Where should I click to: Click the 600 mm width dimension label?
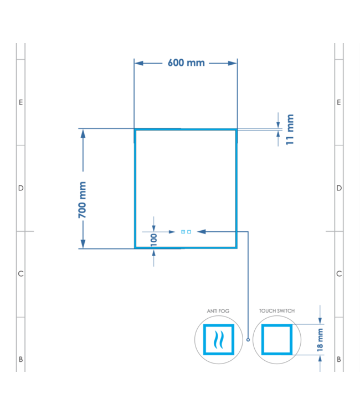tap(186, 63)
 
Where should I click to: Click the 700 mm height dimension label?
tap(83, 199)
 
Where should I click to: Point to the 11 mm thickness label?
tap(290, 129)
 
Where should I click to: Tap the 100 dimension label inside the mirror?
tap(153, 239)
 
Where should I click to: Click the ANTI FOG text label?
tap(218, 312)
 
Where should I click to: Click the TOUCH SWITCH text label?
tap(277, 311)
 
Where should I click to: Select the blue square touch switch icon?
tap(277, 339)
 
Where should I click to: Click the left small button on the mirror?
tap(183, 232)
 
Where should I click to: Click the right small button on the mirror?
tap(189, 232)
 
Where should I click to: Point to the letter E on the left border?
tap(20, 102)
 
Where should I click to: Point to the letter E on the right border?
tap(339, 102)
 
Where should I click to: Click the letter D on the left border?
tap(20, 188)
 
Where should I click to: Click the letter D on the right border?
tap(339, 188)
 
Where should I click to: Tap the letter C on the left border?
tap(20, 274)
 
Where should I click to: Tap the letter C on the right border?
tap(339, 274)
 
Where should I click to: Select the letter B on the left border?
tap(20, 359)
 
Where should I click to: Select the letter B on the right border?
tap(339, 359)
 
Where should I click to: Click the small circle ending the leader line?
tap(248, 340)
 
